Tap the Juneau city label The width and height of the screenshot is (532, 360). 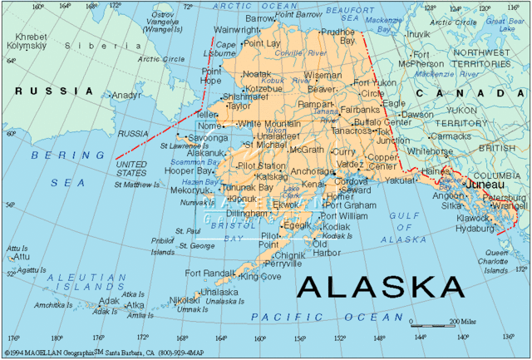(x=485, y=184)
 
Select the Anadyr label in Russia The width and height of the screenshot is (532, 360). (x=127, y=95)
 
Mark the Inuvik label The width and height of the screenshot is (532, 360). (x=417, y=34)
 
